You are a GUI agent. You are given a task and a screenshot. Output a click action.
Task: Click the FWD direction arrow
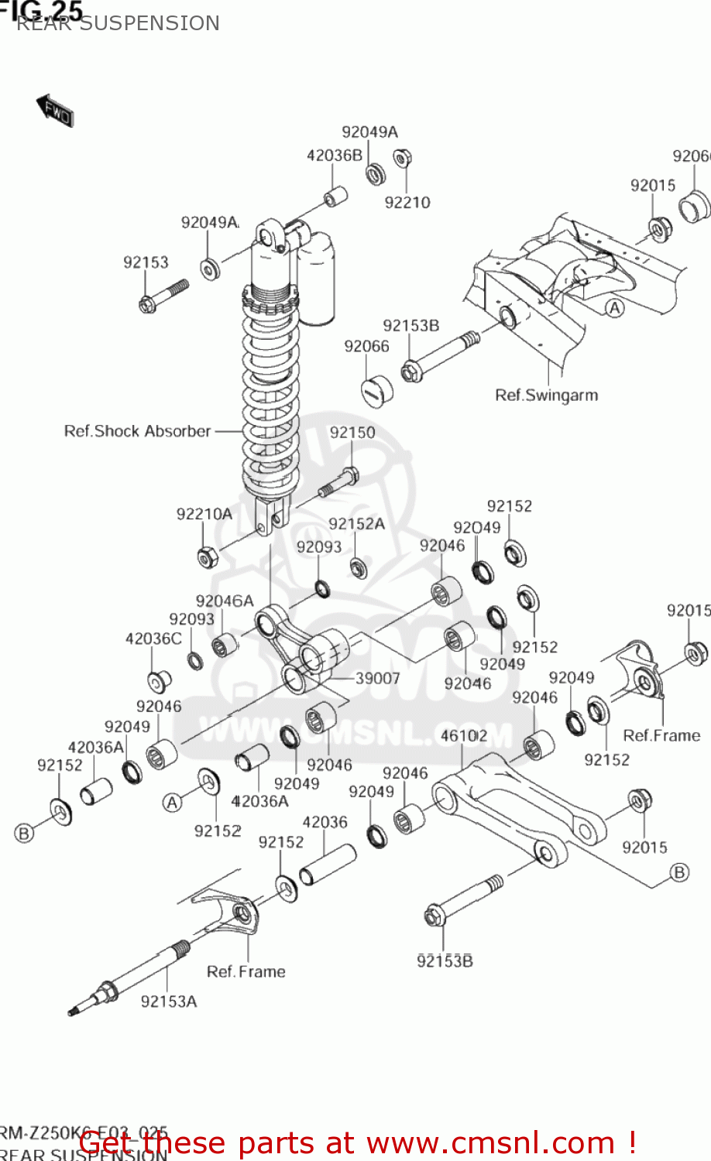[x=55, y=111]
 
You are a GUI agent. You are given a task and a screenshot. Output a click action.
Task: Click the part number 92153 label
[x=146, y=262]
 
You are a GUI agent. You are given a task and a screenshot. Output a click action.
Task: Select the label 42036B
[x=334, y=155]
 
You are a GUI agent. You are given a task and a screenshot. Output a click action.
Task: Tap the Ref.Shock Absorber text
[x=137, y=431]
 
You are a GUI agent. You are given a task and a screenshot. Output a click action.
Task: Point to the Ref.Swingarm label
[x=546, y=396]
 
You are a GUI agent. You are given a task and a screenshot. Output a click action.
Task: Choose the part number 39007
[x=377, y=678]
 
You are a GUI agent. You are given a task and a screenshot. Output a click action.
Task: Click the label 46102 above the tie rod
[x=463, y=735]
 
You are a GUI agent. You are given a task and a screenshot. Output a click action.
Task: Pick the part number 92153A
[x=168, y=1002]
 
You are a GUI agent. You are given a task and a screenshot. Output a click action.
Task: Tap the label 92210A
[x=204, y=514]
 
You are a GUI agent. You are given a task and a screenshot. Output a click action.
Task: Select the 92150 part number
[x=352, y=433]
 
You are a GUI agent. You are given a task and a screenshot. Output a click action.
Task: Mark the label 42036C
[x=153, y=639]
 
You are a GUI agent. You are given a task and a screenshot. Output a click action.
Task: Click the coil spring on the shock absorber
[x=270, y=395]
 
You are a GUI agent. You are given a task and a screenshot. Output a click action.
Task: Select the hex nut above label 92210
[x=402, y=159]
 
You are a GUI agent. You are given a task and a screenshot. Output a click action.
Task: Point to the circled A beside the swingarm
[x=614, y=308]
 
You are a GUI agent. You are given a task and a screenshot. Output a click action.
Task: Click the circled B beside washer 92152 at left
[x=24, y=833]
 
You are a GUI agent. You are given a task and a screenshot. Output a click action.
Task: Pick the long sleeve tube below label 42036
[x=327, y=865]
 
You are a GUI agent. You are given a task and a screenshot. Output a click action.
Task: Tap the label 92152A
[x=356, y=524]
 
